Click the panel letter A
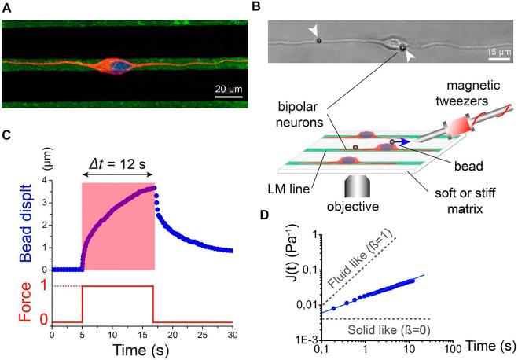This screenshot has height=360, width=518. pos(6,7)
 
